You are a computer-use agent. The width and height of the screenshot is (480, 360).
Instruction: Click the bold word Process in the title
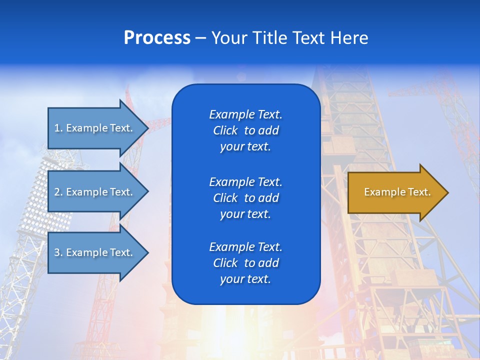coord(157,38)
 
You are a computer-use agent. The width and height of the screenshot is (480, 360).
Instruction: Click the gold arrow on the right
coord(395,192)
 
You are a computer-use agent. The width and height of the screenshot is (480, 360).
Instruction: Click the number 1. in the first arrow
coord(58,128)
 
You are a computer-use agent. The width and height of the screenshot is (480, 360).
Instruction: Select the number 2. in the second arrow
coord(58,192)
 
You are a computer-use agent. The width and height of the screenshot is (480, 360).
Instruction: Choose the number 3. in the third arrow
coord(58,252)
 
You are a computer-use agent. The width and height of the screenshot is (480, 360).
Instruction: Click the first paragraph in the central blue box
coord(245,130)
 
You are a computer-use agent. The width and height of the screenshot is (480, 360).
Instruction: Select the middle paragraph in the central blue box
coord(245,197)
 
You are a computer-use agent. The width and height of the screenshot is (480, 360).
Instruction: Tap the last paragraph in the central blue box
coord(245,263)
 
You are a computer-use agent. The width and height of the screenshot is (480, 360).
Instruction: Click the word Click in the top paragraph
coord(225,130)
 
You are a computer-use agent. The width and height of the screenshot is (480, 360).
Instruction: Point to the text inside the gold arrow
coord(397,192)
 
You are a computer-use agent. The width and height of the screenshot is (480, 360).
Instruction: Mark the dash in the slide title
coord(200,38)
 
